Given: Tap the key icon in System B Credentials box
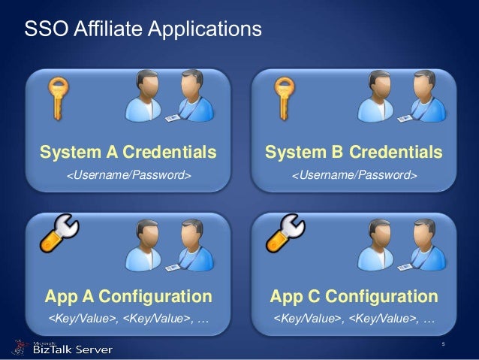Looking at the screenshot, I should tap(282, 97).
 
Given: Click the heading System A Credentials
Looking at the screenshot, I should tap(128, 153).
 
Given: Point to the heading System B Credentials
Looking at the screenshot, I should tap(354, 153).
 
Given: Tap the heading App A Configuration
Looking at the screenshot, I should tap(128, 294).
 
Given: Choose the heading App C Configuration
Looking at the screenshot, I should tap(354, 294).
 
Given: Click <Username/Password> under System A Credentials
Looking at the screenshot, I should tap(128, 176).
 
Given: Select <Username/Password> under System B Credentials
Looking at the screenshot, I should tap(354, 176).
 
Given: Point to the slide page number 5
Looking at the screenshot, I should tap(444, 345).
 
